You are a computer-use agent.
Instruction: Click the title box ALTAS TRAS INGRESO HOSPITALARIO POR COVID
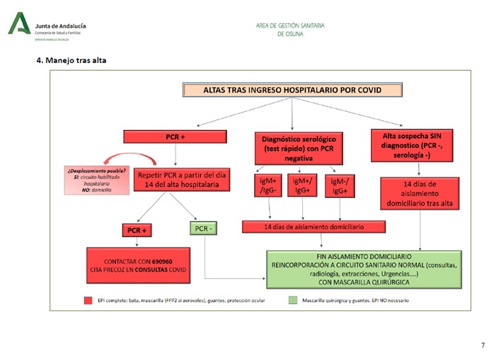[292, 91]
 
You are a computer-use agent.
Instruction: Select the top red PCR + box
[176, 136]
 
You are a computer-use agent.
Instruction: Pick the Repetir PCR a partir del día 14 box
[183, 180]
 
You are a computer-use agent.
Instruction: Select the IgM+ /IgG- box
[269, 186]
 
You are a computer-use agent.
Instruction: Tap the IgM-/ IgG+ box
[340, 186]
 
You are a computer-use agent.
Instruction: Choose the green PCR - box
[205, 228]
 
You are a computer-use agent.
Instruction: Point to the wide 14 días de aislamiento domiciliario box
[314, 227]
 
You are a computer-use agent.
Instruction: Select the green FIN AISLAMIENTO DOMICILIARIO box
[364, 269]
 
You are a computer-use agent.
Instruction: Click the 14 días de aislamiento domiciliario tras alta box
[420, 193]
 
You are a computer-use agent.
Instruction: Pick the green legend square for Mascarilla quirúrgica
[292, 300]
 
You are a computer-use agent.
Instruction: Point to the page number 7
[483, 345]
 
